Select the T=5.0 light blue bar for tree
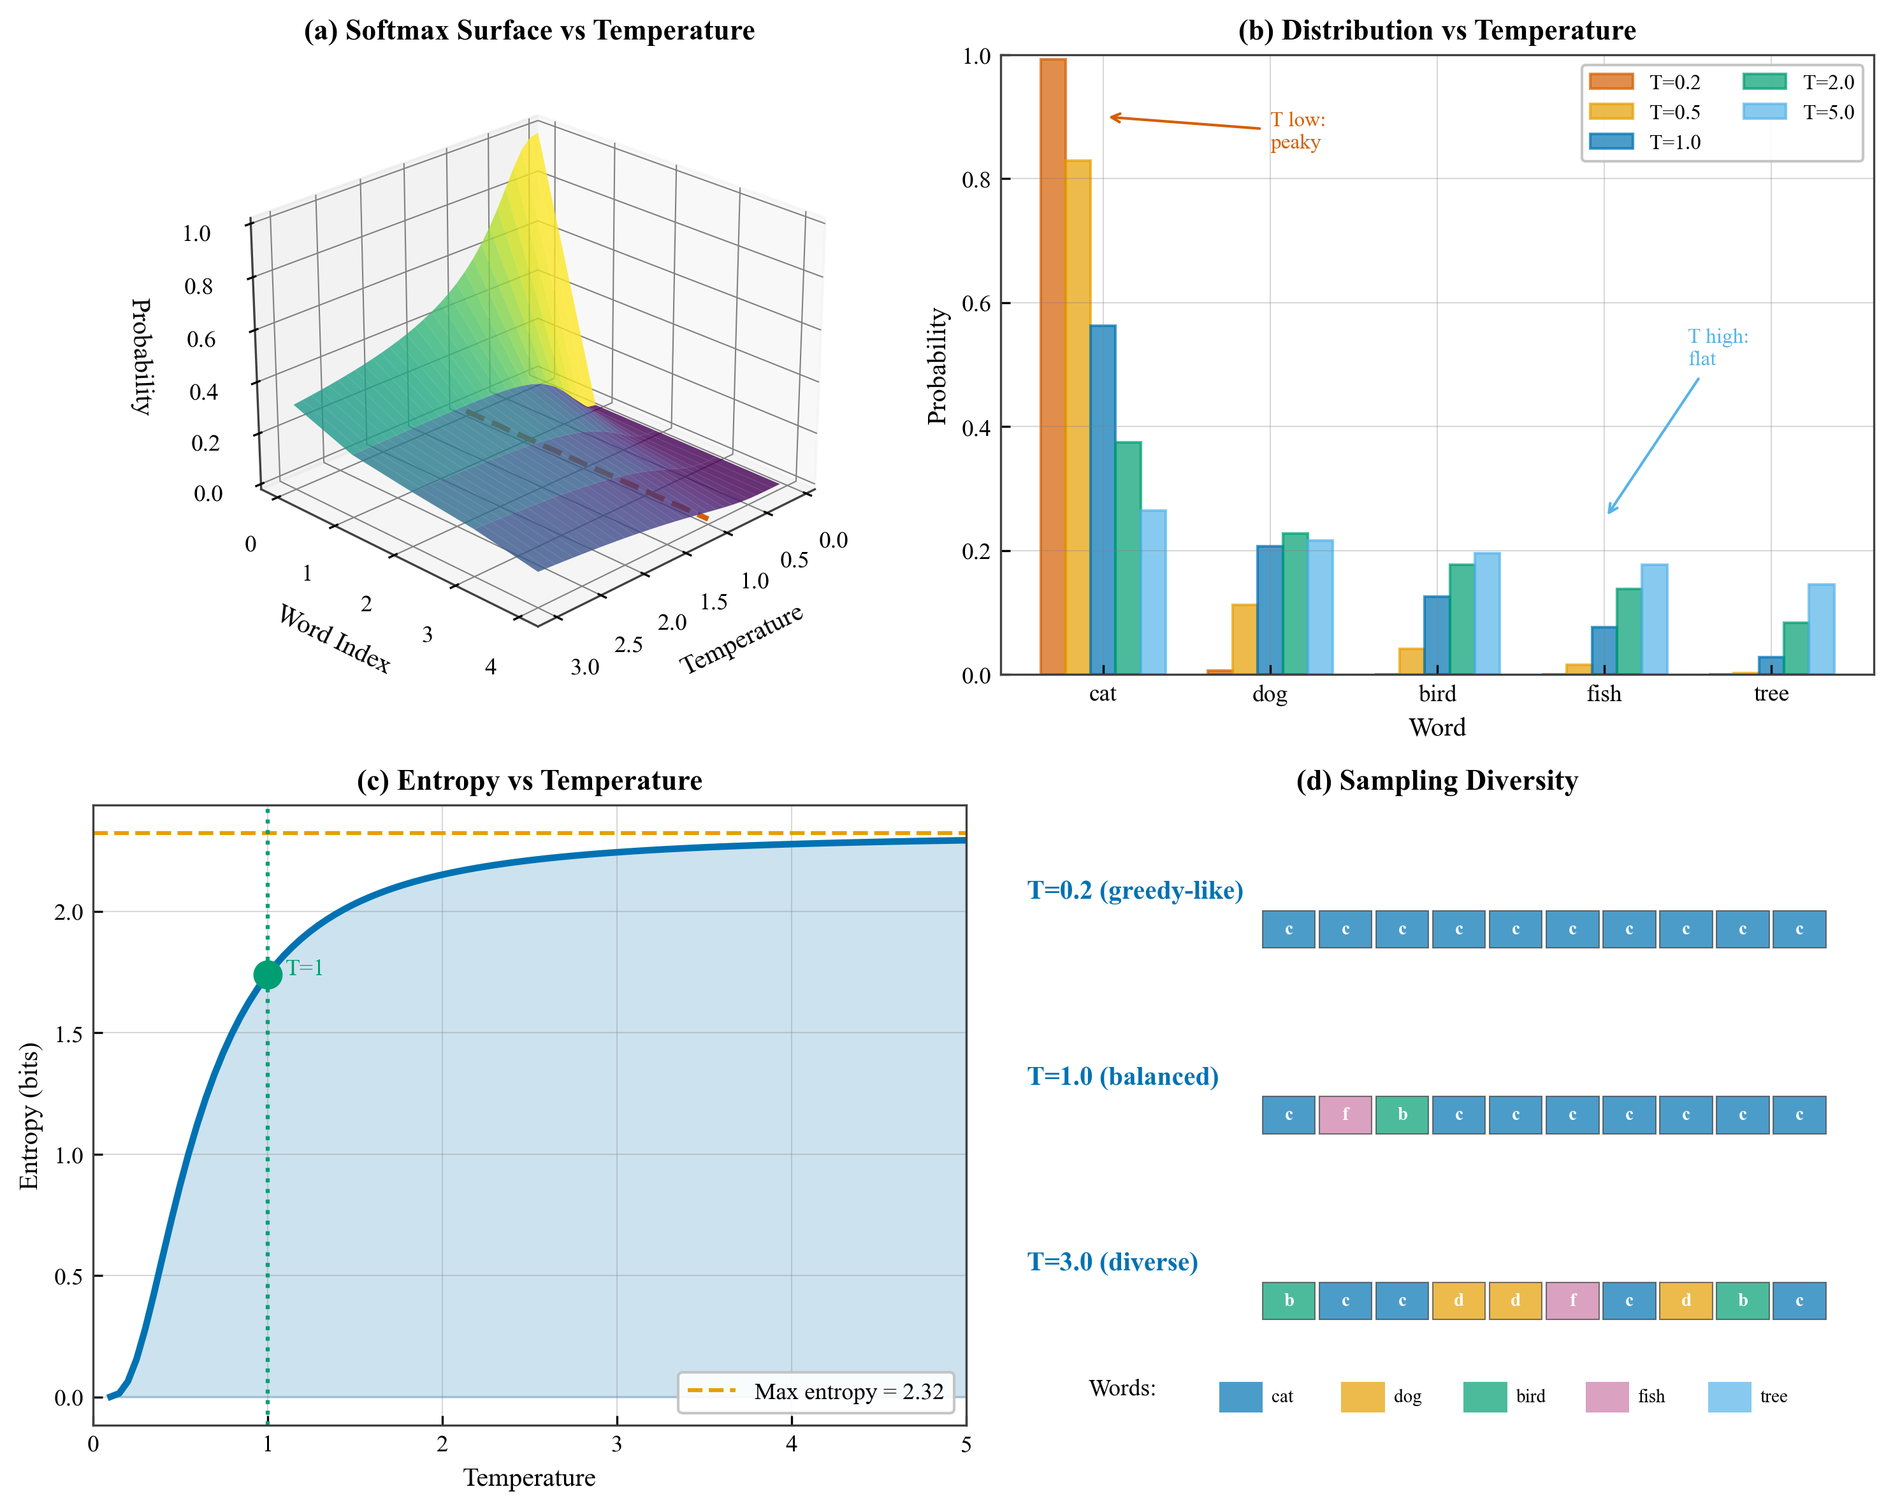(x=1821, y=630)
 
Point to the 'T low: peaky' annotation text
(x=1297, y=131)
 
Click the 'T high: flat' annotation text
(x=1717, y=347)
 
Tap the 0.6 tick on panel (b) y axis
(x=976, y=304)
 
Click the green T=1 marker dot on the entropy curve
(x=268, y=975)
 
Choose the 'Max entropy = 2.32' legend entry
(x=816, y=1392)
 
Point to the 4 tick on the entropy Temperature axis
(x=791, y=1445)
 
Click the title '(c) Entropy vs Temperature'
(x=530, y=780)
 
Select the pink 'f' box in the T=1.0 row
(x=1345, y=1115)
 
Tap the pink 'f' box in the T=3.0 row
(x=1572, y=1300)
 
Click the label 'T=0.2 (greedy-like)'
(x=1135, y=891)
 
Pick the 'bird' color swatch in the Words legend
(x=1484, y=1397)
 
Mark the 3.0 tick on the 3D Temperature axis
(x=584, y=667)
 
